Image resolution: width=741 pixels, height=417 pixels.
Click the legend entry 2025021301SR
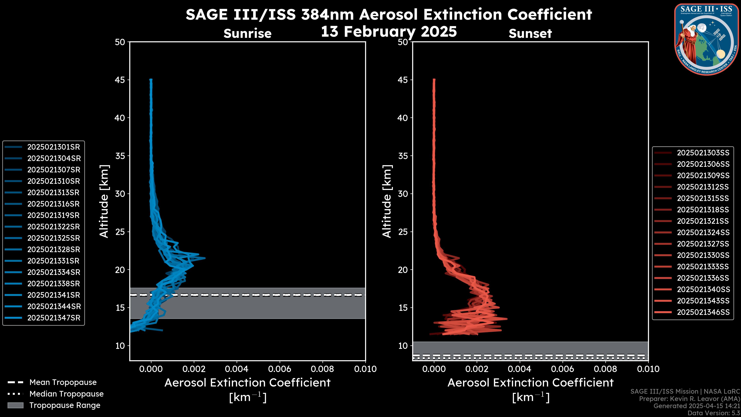[53, 147]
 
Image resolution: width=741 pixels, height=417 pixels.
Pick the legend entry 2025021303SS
[703, 153]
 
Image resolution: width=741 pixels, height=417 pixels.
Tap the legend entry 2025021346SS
[703, 312]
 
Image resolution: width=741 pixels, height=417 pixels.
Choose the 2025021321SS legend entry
[703, 221]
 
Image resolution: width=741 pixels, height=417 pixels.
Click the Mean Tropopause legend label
[63, 382]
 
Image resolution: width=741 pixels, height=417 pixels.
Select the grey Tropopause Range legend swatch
[15, 405]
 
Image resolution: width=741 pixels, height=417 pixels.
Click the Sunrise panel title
[247, 33]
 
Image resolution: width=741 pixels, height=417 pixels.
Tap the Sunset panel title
[530, 33]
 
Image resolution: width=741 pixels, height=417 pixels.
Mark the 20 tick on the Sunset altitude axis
[403, 270]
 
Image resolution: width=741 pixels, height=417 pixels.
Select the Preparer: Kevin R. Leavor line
[689, 399]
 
